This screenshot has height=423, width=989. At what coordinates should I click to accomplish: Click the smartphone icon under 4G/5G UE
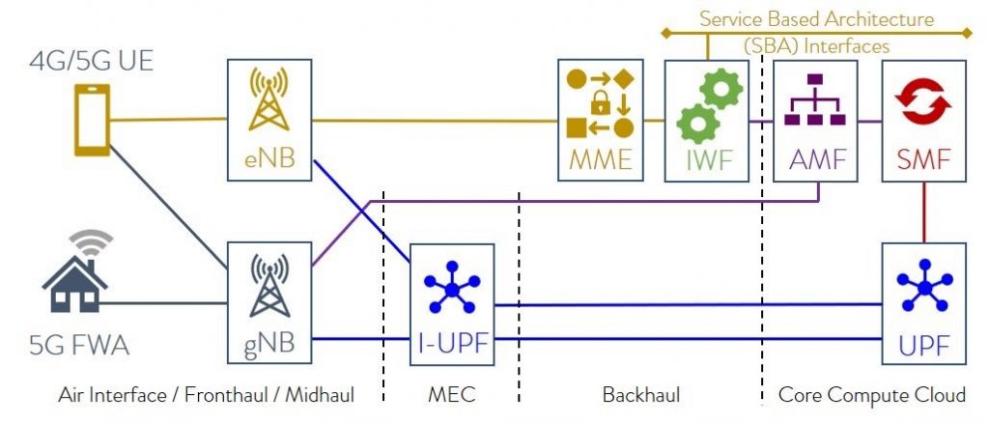click(92, 120)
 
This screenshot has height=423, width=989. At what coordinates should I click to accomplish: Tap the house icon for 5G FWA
click(74, 283)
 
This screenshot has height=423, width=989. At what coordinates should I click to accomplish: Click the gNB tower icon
click(269, 286)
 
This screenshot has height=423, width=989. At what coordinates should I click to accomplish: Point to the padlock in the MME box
click(599, 103)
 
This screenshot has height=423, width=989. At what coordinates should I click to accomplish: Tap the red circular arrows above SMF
click(923, 100)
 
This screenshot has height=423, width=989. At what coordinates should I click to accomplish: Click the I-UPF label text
click(452, 344)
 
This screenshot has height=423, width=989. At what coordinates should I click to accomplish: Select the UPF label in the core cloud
click(924, 346)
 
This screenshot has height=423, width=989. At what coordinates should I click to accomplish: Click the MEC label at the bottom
click(452, 395)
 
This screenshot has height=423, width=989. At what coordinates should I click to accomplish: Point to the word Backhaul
click(641, 395)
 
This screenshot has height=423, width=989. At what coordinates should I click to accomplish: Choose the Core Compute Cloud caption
click(872, 395)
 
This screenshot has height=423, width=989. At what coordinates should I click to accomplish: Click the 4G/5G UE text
click(92, 63)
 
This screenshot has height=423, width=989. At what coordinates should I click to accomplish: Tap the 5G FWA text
click(79, 346)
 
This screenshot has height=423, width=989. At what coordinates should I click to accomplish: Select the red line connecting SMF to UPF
click(924, 212)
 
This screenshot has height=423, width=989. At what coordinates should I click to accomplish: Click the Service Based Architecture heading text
click(816, 19)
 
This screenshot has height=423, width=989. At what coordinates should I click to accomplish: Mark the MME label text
click(601, 160)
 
